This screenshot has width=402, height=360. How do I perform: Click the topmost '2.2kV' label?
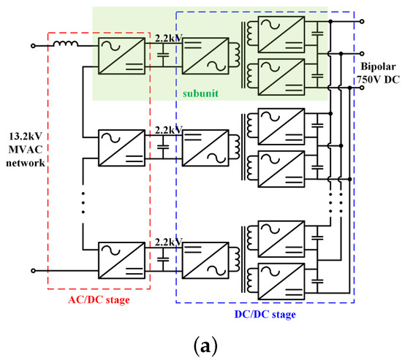169,36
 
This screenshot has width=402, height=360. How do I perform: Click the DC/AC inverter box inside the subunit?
202,55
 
